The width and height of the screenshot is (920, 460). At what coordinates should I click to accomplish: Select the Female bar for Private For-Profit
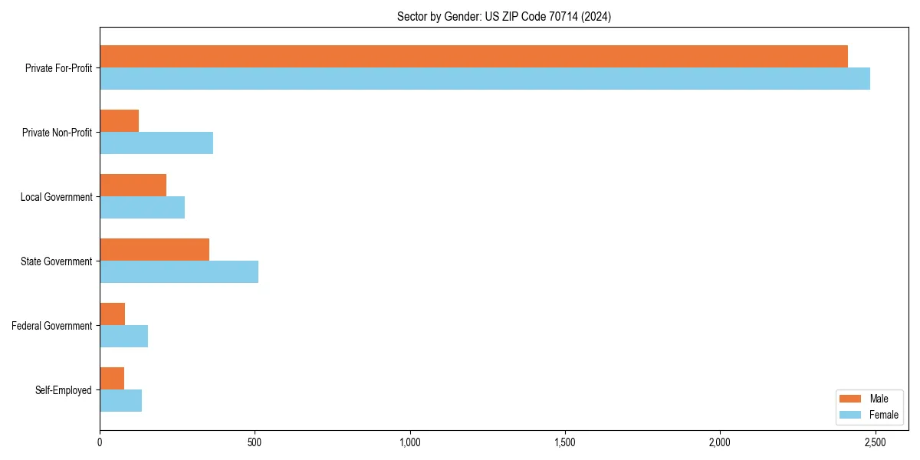click(485, 79)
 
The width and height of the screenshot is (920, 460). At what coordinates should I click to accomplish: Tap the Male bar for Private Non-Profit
click(120, 121)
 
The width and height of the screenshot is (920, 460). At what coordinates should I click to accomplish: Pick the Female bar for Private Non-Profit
click(156, 143)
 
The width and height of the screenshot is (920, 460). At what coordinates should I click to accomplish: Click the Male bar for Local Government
click(133, 186)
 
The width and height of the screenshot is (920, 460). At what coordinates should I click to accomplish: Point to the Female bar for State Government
click(179, 272)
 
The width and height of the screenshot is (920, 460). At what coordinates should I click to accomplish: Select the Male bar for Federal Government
click(113, 314)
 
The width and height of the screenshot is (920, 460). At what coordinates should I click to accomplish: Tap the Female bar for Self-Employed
click(121, 401)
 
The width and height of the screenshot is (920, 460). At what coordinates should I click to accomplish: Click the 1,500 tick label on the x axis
click(565, 443)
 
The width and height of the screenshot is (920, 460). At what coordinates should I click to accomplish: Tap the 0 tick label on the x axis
click(100, 443)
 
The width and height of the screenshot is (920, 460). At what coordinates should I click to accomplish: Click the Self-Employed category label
click(64, 390)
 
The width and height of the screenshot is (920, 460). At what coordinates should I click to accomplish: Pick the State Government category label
click(57, 261)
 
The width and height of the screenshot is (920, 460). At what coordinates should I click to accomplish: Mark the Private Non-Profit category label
click(58, 133)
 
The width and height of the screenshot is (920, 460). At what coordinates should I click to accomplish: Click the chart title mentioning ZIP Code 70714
click(504, 16)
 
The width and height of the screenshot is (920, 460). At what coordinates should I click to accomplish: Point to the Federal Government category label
click(52, 326)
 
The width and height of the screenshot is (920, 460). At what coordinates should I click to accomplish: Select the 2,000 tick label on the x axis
click(720, 443)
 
